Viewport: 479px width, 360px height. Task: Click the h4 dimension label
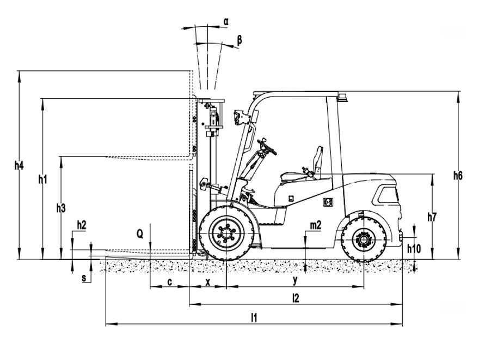click(x=19, y=166)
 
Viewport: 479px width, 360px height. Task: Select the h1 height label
click(x=43, y=179)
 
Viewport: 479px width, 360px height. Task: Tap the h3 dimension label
click(x=61, y=208)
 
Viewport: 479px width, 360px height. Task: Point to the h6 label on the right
click(x=458, y=176)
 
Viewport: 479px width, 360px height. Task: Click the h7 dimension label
click(x=432, y=217)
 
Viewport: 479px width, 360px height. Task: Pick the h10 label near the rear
click(x=414, y=249)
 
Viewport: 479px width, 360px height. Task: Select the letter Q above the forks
click(x=139, y=235)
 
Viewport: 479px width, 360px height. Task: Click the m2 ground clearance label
click(x=316, y=225)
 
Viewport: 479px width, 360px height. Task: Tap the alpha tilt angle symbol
click(x=226, y=22)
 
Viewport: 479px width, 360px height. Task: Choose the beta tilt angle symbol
click(x=239, y=40)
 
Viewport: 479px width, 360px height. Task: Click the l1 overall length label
click(x=254, y=319)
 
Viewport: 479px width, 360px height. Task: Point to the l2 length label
click(x=296, y=298)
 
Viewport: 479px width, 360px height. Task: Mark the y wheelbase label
click(x=295, y=281)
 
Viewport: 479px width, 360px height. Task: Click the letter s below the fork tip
click(x=84, y=278)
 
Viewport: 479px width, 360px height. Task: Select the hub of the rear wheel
click(x=364, y=239)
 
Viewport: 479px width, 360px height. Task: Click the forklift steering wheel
click(x=267, y=147)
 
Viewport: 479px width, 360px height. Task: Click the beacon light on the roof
click(x=342, y=98)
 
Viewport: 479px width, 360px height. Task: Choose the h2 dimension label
click(x=82, y=225)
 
